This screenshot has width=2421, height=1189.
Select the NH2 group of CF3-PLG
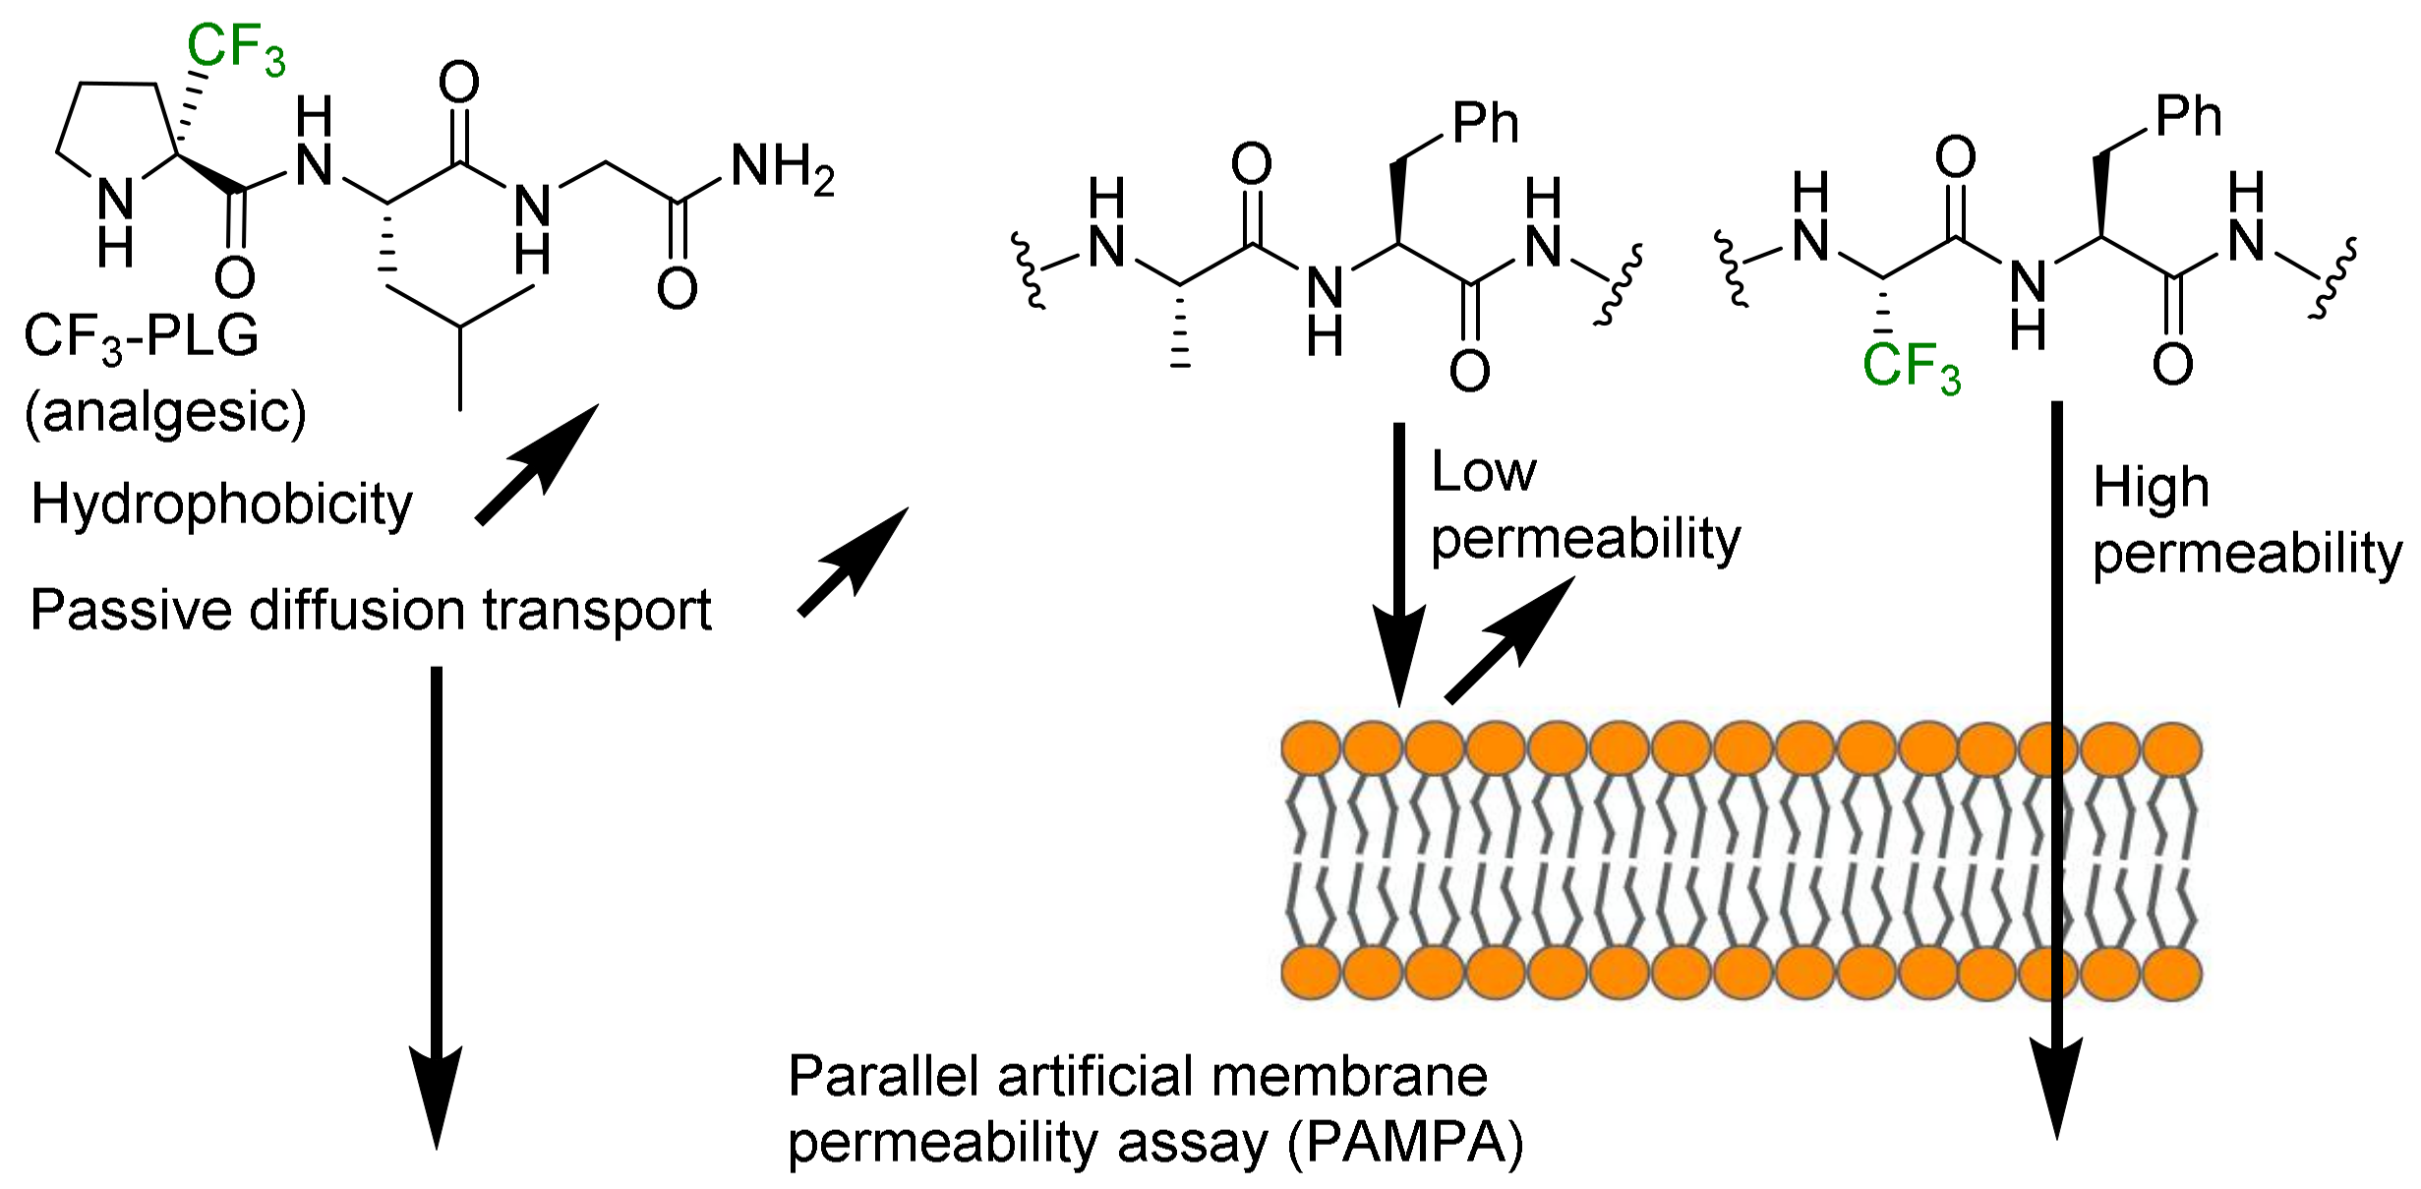[783, 169]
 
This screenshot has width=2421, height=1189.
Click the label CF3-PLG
[142, 337]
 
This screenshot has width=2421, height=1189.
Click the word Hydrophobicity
[222, 505]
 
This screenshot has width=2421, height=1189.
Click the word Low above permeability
[1483, 473]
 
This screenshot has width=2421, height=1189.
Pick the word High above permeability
[2151, 488]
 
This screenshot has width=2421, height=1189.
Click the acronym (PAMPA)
[1406, 1144]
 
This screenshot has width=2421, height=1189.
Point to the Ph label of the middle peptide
[1485, 124]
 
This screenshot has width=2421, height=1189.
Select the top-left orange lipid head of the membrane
[1311, 749]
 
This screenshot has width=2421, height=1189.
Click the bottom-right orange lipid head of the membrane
[2172, 974]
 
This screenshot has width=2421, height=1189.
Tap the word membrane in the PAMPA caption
[1349, 1077]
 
